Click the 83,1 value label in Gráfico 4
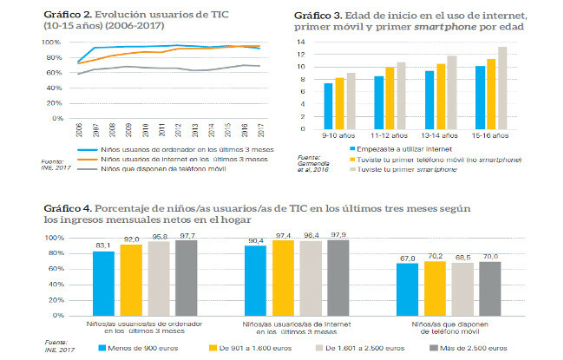point(104,245)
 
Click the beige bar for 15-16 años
point(502,84)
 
